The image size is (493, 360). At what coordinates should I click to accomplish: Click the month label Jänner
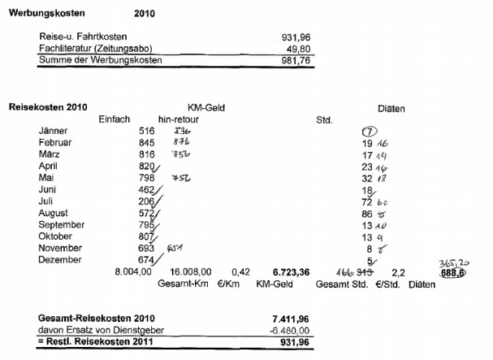pos(54,130)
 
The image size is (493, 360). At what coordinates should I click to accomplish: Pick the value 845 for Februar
pos(146,141)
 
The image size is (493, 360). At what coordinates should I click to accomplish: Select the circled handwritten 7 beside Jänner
pos(369,131)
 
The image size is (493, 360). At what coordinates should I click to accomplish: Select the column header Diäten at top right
pos(391,107)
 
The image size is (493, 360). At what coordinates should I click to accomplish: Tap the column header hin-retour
pos(179,119)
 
